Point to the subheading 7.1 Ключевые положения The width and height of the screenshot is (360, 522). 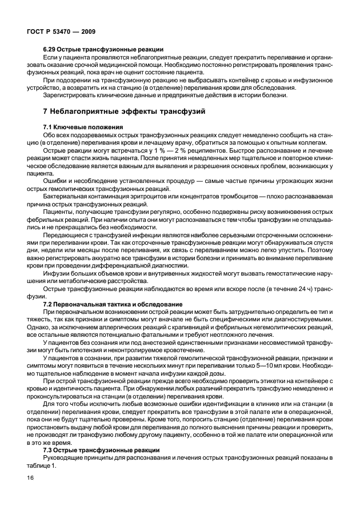tap(79, 126)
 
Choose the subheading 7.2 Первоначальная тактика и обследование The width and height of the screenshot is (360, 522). tap(113, 303)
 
